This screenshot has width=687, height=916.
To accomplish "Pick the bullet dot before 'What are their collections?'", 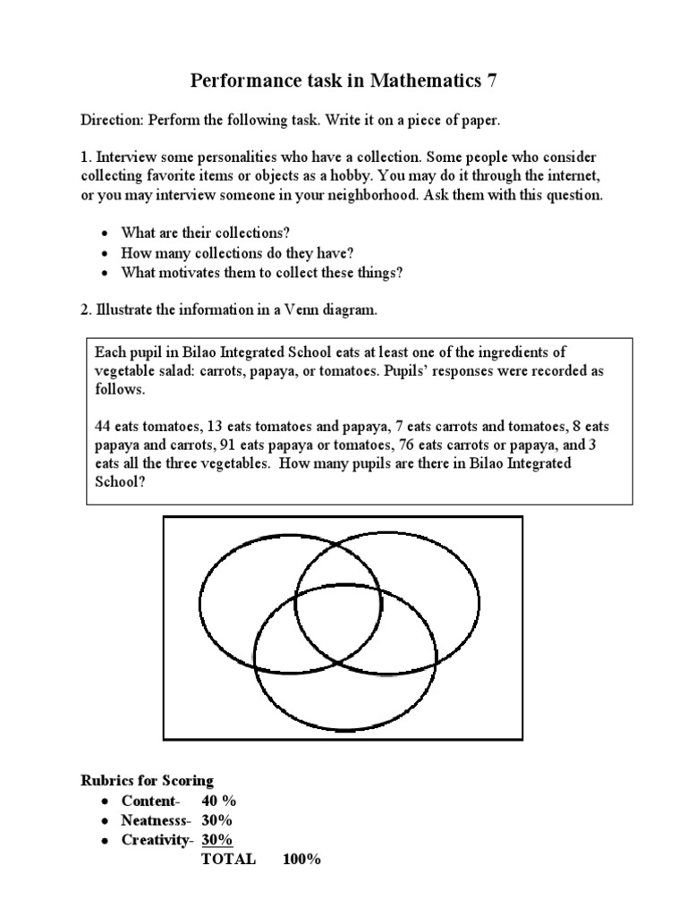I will pyautogui.click(x=105, y=234).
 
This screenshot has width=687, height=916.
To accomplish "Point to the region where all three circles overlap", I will pyautogui.click(x=338, y=626).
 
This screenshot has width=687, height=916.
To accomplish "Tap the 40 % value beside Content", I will pyautogui.click(x=219, y=801).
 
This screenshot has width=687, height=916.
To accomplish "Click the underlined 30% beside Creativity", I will pyautogui.click(x=217, y=840).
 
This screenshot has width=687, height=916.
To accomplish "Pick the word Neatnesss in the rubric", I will pyautogui.click(x=154, y=820).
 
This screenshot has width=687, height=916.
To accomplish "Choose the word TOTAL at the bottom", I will pyautogui.click(x=228, y=860).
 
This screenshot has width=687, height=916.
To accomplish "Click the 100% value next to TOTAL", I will pyautogui.click(x=301, y=860).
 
